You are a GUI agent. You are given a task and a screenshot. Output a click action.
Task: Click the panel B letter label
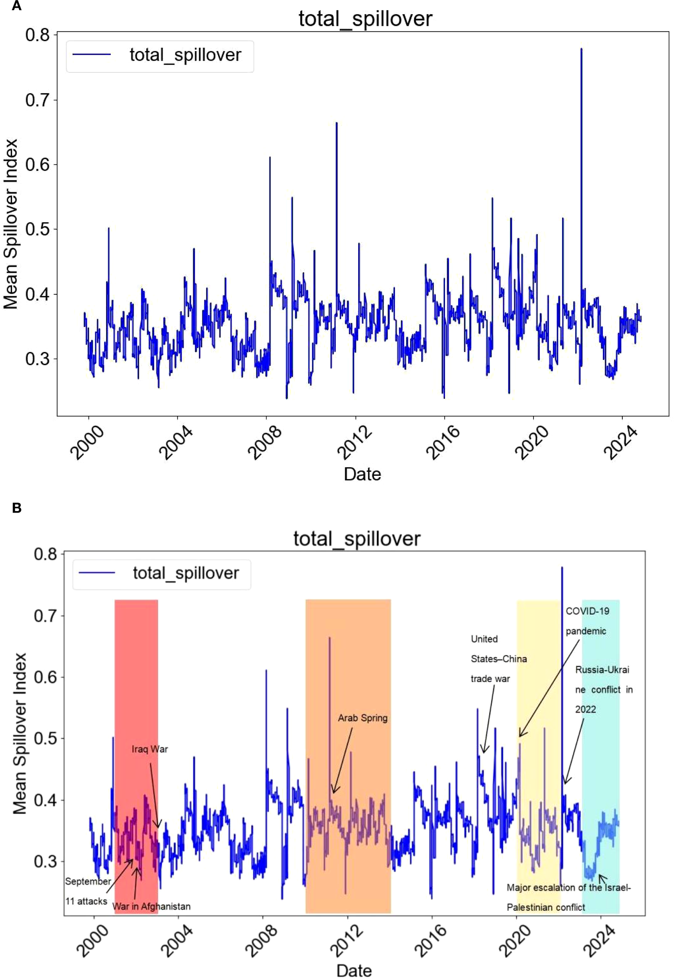tap(17, 508)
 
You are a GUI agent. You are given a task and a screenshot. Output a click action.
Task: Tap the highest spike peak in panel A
tap(581, 49)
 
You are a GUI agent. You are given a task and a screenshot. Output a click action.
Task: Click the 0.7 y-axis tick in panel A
tap(37, 100)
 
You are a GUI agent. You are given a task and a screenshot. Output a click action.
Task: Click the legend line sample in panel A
tap(92, 54)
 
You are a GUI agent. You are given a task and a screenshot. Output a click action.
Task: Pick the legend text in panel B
tap(186, 573)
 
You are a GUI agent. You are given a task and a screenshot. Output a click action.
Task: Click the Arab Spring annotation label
tap(362, 718)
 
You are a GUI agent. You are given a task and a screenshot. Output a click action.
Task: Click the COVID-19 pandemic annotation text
tap(587, 621)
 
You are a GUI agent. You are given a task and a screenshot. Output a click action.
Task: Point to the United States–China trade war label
tap(498, 659)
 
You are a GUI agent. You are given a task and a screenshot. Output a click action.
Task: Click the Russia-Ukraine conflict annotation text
tap(604, 689)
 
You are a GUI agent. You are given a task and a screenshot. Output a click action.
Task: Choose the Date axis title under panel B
tap(354, 970)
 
